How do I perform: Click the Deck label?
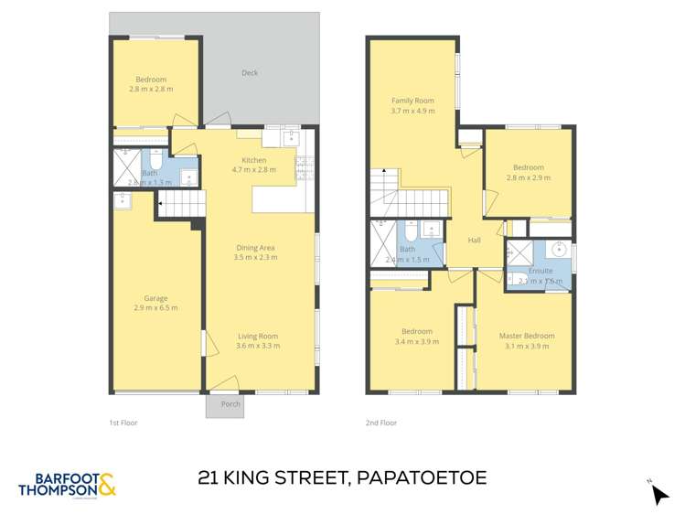coord(250,73)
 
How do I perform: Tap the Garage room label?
coord(155,297)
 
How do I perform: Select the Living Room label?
coord(257,336)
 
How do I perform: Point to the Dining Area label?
coord(255,247)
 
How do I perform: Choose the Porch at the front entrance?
coord(225,405)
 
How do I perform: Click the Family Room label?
coord(412,101)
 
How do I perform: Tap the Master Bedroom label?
coord(526,336)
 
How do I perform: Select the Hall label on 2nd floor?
coord(474,240)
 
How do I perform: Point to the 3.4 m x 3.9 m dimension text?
coord(416,342)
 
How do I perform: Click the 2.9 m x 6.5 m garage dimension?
coord(155,308)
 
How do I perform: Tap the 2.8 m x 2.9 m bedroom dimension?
coord(528,178)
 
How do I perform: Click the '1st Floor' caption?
coord(123,423)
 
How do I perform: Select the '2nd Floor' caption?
coord(381,423)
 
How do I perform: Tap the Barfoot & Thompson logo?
coord(67,485)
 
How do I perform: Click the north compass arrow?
coord(659,494)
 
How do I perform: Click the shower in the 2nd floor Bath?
coord(382,242)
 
